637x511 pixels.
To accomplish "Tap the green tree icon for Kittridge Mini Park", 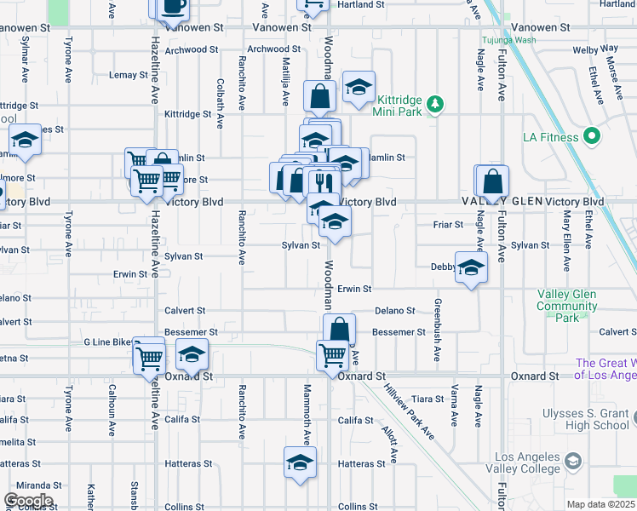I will [435, 104].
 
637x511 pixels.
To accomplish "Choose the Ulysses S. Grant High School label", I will [586, 420].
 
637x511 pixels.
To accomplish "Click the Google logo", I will [28, 501].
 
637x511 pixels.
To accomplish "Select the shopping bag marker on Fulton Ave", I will [493, 181].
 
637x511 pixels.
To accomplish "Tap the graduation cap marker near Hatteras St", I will [300, 462].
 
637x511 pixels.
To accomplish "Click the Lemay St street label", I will [129, 75].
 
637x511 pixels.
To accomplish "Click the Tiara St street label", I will [428, 399].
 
